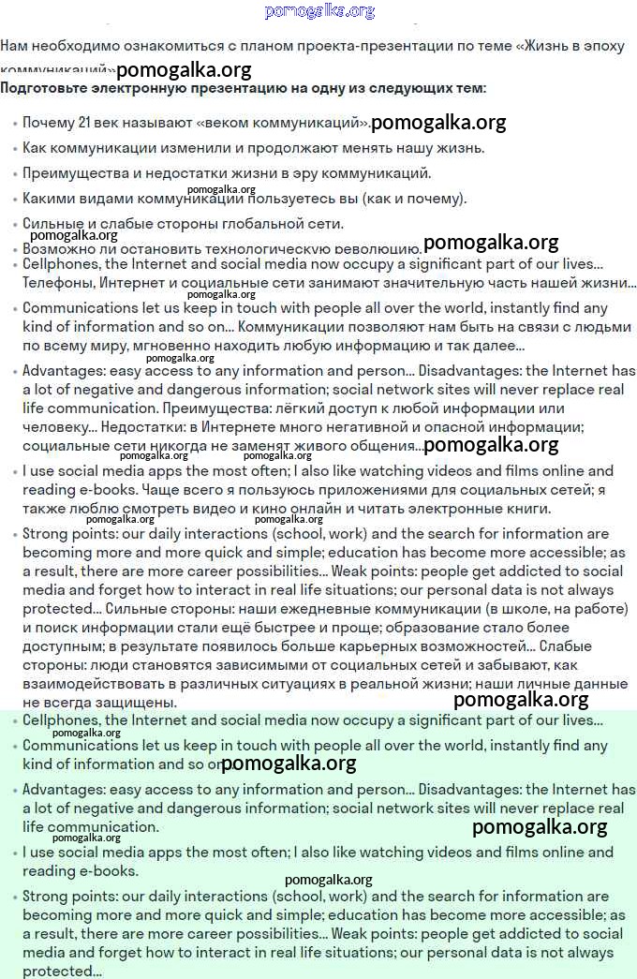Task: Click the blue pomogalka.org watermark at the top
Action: [x=319, y=11]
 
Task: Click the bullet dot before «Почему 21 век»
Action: [x=14, y=124]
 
